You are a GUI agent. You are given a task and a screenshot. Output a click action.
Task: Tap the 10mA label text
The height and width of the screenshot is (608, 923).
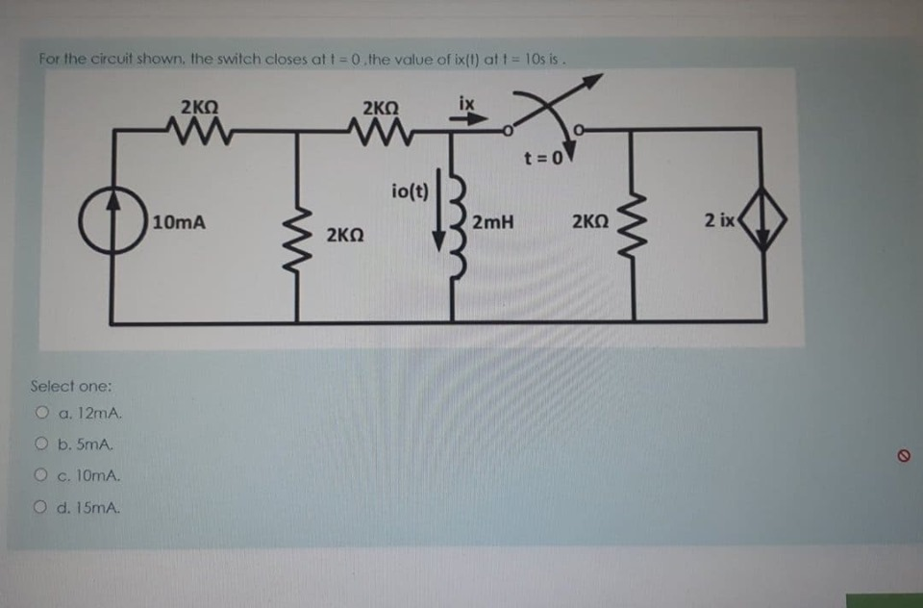click(179, 222)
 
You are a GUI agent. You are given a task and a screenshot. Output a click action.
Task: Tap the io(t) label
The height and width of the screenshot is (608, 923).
click(411, 190)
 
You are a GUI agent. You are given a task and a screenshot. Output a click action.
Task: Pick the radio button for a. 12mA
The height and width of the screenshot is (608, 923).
click(41, 415)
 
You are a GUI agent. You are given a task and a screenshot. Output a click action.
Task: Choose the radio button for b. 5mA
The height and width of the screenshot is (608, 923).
click(41, 445)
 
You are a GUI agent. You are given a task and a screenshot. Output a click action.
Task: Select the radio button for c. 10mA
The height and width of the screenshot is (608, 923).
click(41, 476)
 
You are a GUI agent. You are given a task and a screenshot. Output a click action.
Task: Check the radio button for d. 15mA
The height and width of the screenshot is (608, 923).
click(41, 507)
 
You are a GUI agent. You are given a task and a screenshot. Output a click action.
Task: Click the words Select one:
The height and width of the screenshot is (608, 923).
click(71, 386)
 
